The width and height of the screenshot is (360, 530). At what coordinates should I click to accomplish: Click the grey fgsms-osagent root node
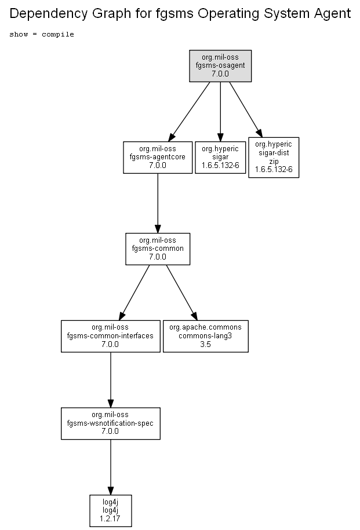(x=220, y=66)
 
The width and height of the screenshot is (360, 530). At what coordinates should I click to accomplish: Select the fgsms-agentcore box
(x=158, y=158)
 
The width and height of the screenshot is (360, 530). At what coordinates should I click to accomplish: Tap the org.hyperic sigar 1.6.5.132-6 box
(x=220, y=158)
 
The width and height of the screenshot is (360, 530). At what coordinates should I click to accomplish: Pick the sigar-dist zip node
(x=274, y=158)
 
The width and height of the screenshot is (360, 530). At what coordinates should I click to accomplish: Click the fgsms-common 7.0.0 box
(x=158, y=248)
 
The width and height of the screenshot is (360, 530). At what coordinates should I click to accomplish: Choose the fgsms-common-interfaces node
(x=111, y=337)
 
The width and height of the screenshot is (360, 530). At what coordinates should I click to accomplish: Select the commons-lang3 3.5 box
(x=206, y=337)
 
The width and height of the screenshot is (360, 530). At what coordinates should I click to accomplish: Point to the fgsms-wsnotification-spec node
(x=111, y=423)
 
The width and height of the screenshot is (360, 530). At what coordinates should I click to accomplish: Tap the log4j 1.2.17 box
(x=111, y=511)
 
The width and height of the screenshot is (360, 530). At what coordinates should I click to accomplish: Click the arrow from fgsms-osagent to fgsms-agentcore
(x=189, y=112)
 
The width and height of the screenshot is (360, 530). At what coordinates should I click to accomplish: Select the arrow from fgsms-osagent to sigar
(x=220, y=112)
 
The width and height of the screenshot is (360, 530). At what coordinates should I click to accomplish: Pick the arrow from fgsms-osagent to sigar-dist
(x=246, y=110)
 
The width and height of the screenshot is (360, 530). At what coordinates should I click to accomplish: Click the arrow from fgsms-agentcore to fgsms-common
(x=158, y=203)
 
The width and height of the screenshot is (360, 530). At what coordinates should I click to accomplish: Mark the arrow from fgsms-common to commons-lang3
(x=181, y=293)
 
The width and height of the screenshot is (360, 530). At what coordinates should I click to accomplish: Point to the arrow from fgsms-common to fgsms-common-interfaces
(x=134, y=293)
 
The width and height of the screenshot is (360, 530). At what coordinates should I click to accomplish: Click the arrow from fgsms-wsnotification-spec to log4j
(x=111, y=467)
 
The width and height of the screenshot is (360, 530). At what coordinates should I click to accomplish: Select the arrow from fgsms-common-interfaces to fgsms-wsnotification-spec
(x=111, y=380)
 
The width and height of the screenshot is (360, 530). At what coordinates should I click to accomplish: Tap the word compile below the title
(x=58, y=34)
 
